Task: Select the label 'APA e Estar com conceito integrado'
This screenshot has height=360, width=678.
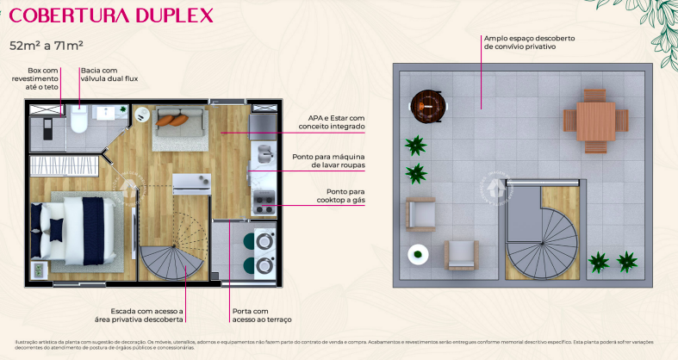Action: pyautogui.click(x=332, y=122)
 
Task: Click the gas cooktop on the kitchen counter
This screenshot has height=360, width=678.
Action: pyautogui.click(x=262, y=206)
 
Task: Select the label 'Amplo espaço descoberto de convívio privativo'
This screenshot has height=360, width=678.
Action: pyautogui.click(x=529, y=43)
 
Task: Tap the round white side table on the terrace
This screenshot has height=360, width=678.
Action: pyautogui.click(x=418, y=254)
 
